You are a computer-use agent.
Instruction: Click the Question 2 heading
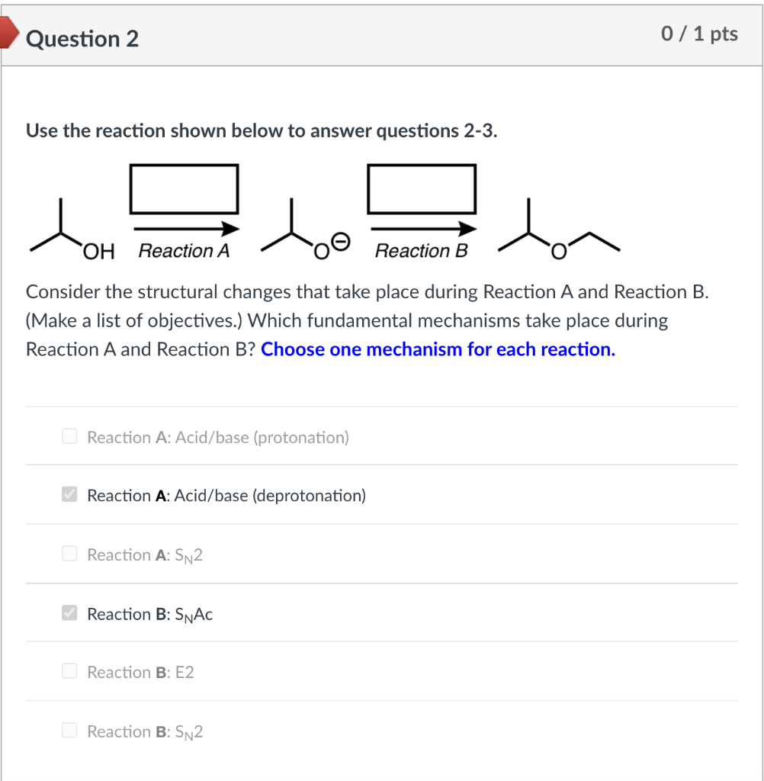click(82, 38)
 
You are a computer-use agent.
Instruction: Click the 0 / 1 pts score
click(700, 34)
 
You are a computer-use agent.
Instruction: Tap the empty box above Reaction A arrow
click(184, 188)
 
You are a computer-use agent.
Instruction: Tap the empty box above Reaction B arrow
click(422, 188)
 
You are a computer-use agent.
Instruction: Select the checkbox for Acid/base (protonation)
click(69, 436)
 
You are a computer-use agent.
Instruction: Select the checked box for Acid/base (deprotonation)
click(69, 495)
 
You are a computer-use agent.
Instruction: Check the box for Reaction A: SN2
click(69, 554)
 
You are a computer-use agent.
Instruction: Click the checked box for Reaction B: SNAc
click(69, 613)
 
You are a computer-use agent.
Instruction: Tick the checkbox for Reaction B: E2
click(69, 671)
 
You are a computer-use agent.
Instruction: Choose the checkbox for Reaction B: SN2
click(69, 731)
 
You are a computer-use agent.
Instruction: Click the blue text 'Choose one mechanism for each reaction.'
click(438, 349)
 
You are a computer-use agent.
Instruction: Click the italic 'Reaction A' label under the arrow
click(184, 251)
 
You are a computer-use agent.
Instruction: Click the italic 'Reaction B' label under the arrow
click(422, 251)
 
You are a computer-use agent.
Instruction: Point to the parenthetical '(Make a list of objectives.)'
click(134, 320)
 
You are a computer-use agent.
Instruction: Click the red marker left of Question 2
click(8, 34)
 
